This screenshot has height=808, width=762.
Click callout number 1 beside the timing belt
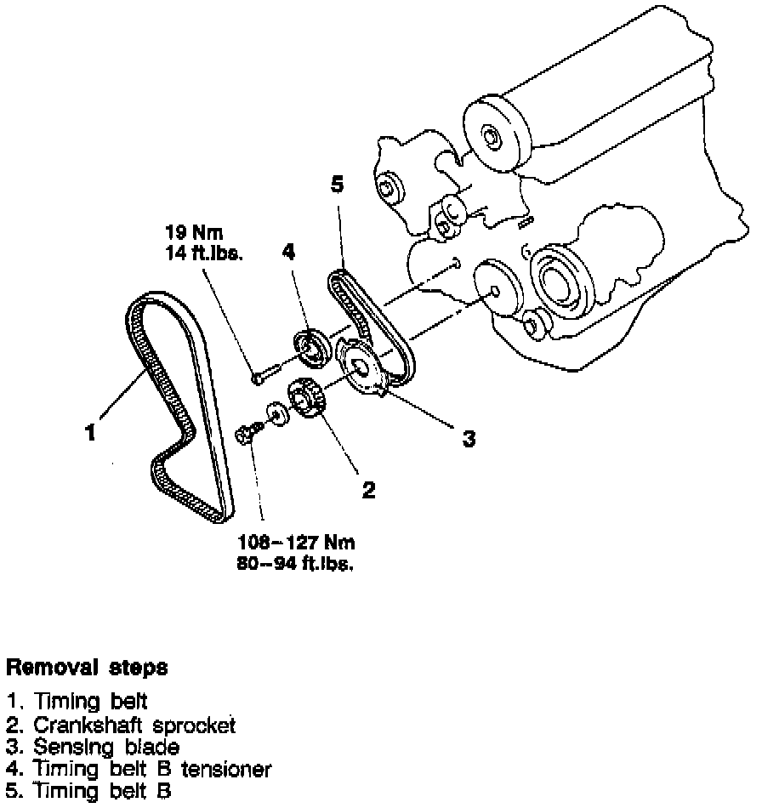90,432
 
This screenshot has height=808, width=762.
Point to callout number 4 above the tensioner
290,252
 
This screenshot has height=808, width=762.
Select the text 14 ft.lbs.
202,252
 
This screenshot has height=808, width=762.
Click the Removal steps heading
87,668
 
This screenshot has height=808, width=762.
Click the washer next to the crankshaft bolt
276,413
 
